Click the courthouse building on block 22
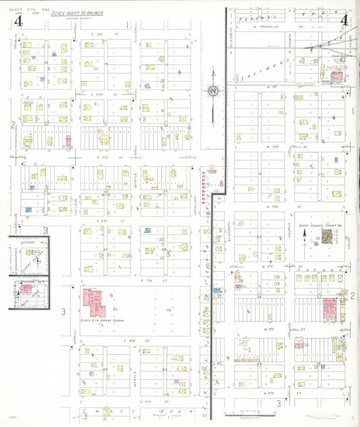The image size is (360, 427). coord(327,236)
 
